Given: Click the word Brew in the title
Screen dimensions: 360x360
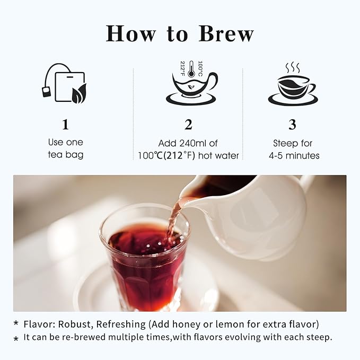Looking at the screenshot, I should (x=226, y=33).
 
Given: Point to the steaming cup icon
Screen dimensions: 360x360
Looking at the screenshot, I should (x=293, y=88).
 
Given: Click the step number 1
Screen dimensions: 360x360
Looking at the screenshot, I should (x=65, y=125).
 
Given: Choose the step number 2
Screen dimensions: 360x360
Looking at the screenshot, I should (x=188, y=125).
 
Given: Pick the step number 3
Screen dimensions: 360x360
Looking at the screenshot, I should (x=292, y=125).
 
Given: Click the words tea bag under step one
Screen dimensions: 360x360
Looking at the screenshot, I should (x=66, y=155).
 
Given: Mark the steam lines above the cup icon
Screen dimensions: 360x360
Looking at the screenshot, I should (x=293, y=68).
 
